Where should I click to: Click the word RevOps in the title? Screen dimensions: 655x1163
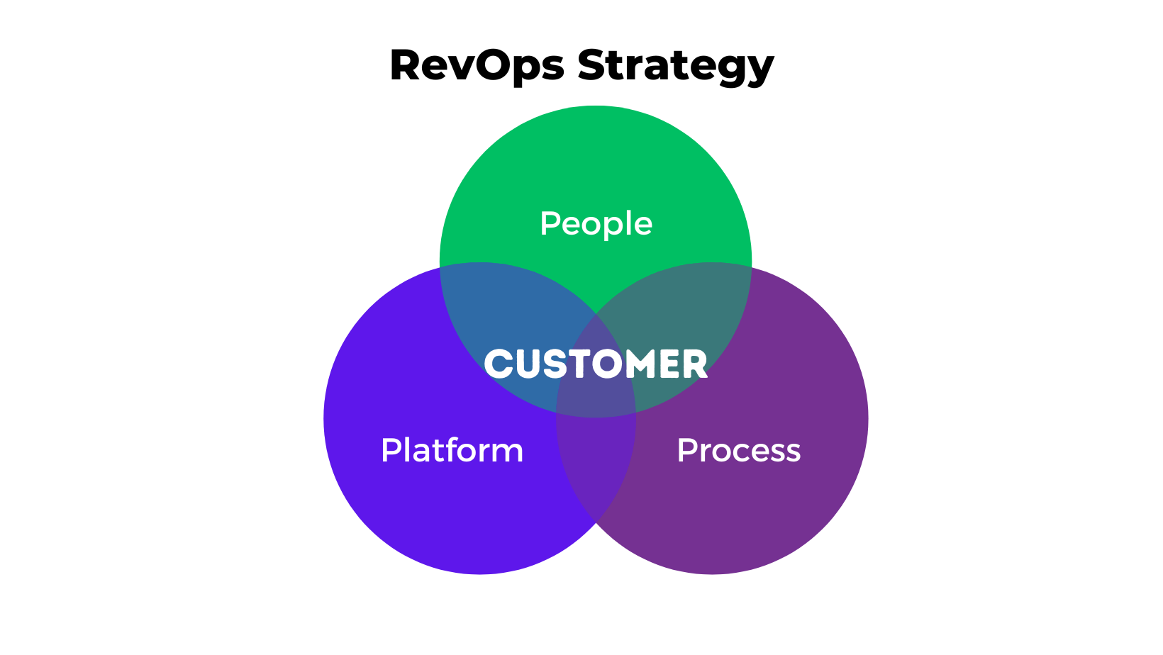(x=477, y=65)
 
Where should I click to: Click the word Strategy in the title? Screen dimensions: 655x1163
(x=675, y=65)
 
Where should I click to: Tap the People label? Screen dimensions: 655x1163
(x=596, y=224)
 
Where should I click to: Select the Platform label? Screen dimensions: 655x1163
(x=452, y=450)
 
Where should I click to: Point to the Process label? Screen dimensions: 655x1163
(x=738, y=450)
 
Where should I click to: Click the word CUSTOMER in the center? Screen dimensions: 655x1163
(x=596, y=364)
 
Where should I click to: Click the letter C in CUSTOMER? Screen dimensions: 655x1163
(x=499, y=364)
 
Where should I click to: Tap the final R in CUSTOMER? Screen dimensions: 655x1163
(x=694, y=364)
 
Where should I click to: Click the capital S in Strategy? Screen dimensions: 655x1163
(x=593, y=65)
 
